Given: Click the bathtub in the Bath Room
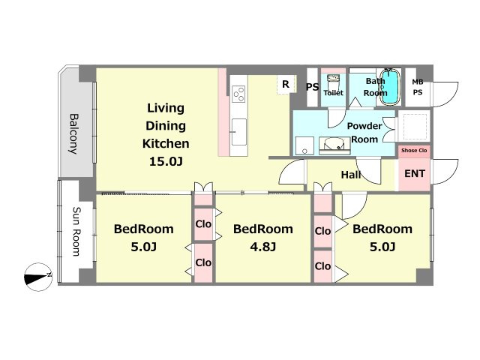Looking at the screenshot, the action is (390, 87).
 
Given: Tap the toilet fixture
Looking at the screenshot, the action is (331, 81).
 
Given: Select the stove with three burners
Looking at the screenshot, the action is (238, 94).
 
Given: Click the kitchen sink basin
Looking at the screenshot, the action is (238, 132).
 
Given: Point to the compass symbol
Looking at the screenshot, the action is (38, 277).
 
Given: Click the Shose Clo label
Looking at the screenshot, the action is (414, 150).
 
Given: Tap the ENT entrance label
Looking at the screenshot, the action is (415, 173).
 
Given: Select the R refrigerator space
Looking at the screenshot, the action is (286, 84).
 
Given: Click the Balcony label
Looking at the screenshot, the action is (73, 133).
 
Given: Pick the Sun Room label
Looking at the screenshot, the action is (76, 232).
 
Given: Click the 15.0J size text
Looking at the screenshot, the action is (166, 161).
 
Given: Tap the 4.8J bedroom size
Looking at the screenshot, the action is (263, 247).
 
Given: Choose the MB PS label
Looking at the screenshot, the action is (418, 87).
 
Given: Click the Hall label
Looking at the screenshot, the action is (351, 175).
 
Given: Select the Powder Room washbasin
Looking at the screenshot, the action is (334, 145).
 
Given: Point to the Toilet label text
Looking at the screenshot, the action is (333, 92).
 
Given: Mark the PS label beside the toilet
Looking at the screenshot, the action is (312, 87).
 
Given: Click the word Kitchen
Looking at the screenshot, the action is (166, 143).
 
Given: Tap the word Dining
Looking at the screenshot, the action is (166, 125).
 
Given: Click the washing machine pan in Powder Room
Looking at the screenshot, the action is (304, 145).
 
